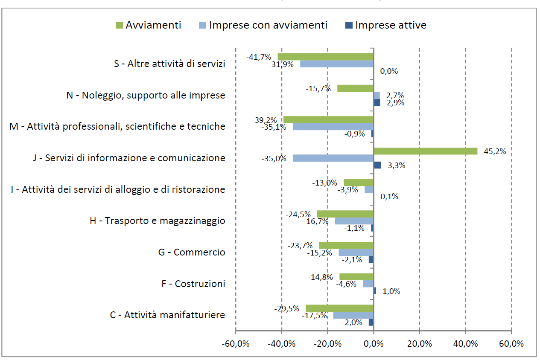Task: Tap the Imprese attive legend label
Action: [x=391, y=25]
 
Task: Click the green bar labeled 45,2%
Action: [x=426, y=151]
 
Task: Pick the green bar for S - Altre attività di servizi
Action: [x=325, y=57]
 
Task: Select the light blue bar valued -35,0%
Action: [x=333, y=158]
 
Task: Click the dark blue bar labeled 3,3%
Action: [x=377, y=165]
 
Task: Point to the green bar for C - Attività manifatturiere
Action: [x=339, y=308]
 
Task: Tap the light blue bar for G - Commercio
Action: [x=356, y=252]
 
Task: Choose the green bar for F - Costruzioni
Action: [x=356, y=277]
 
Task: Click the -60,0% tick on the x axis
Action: [x=236, y=344]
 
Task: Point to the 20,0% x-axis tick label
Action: [x=419, y=344]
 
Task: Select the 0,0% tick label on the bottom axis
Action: [x=374, y=344]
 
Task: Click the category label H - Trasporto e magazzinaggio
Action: [x=157, y=221]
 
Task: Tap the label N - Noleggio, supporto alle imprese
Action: [x=146, y=95]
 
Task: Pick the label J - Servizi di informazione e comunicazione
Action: [x=129, y=158]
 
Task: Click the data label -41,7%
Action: [x=259, y=57]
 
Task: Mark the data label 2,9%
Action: [x=395, y=103]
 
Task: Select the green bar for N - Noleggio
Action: [x=355, y=88]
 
